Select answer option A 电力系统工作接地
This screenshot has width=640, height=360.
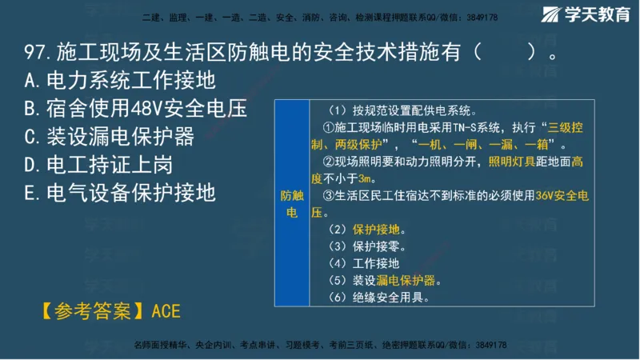pos(120,81)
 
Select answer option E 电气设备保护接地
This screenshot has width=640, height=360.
pos(120,193)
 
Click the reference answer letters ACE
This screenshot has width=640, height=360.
pos(166,311)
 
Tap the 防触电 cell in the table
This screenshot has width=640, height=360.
pos(291,204)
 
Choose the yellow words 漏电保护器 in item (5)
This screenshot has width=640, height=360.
pos(409,281)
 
